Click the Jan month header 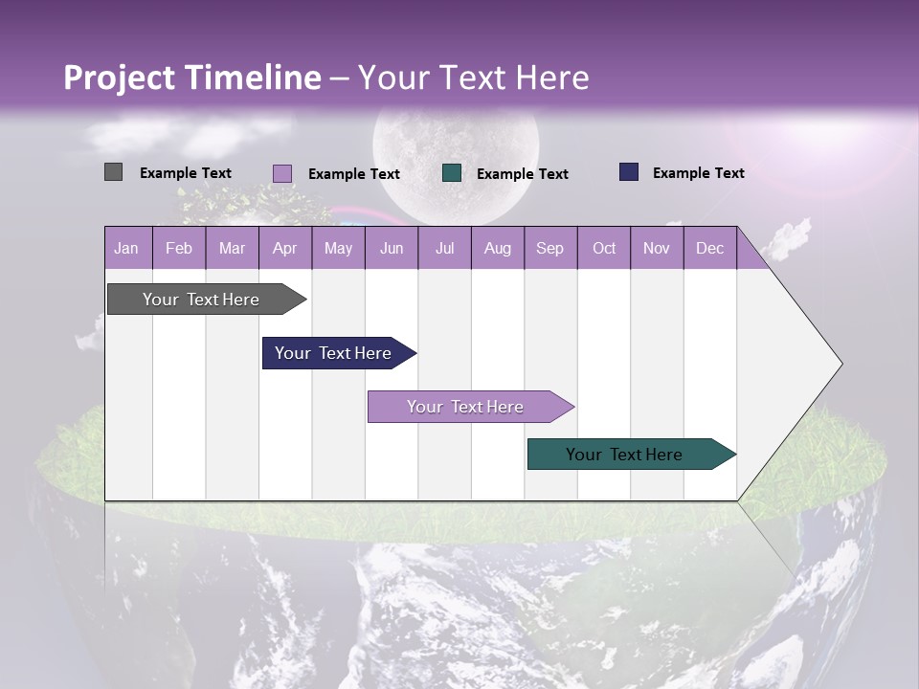[x=126, y=248]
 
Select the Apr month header [x=284, y=248]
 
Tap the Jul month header [x=444, y=248]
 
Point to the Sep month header [x=549, y=248]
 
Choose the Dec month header [x=709, y=248]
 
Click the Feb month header [x=179, y=248]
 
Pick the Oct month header [x=604, y=248]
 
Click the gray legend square [x=113, y=172]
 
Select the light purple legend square [x=281, y=173]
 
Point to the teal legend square [x=452, y=173]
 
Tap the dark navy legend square [x=629, y=172]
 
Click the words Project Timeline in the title [x=191, y=78]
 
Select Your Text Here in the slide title [x=473, y=78]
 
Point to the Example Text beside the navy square [x=698, y=173]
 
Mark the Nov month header [x=657, y=248]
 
